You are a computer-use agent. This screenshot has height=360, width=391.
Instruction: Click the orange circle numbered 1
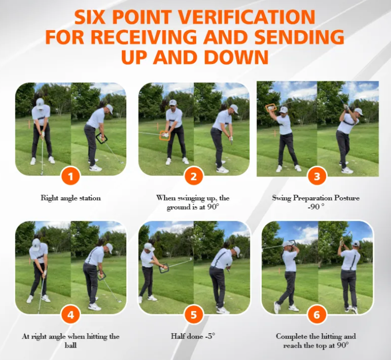[70, 177]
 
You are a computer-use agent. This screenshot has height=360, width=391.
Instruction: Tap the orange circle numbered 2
[194, 177]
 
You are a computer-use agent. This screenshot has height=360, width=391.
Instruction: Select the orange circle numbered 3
[317, 177]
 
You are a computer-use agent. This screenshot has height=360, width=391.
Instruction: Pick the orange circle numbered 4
[70, 314]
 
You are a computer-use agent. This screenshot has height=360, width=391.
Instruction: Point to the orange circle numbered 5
[194, 314]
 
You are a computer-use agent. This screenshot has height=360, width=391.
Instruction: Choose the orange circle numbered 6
[317, 314]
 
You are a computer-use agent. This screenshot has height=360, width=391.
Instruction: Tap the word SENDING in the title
[299, 37]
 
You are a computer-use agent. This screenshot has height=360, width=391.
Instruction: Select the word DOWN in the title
[236, 57]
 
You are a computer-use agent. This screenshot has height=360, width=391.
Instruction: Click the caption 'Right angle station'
[71, 198]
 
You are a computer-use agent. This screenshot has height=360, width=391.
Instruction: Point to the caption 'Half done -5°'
[193, 336]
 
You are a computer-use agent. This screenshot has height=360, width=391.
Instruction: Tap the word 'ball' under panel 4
[70, 346]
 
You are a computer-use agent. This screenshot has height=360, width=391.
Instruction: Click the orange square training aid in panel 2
[166, 135]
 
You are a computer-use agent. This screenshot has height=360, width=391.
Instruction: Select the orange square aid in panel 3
[271, 108]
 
